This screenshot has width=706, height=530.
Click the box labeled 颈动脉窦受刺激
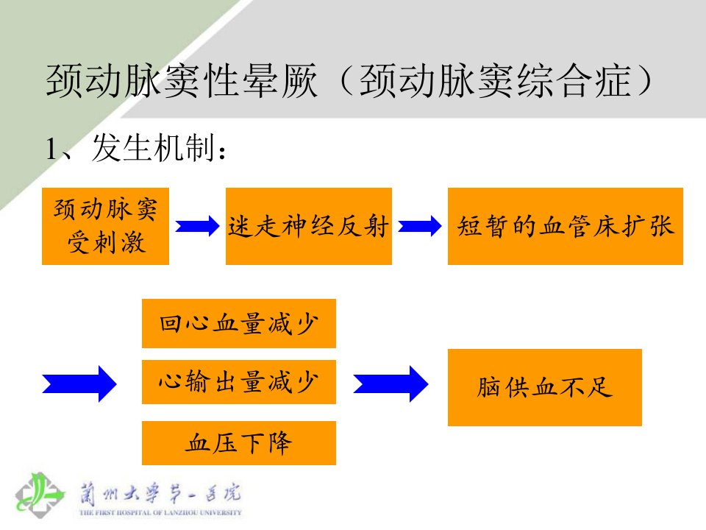point(105,226)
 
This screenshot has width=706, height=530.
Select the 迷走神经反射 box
point(308,226)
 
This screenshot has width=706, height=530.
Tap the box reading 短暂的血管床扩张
point(565,226)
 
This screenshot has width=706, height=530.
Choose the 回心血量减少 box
point(238,324)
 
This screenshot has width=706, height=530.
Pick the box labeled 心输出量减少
point(238,382)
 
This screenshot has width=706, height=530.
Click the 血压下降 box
point(238,443)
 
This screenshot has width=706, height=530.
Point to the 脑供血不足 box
point(544,388)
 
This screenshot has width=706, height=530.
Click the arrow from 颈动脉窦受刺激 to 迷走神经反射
point(197,226)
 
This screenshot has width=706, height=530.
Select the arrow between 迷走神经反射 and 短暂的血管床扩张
point(420,226)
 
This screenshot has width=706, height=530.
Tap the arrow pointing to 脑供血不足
point(391,384)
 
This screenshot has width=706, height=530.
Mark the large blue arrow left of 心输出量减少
point(79,384)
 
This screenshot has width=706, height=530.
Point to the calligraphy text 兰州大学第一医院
point(160,493)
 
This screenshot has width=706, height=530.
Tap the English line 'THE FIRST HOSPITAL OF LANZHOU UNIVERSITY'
point(160,512)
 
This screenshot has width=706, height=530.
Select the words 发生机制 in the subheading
point(153,148)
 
